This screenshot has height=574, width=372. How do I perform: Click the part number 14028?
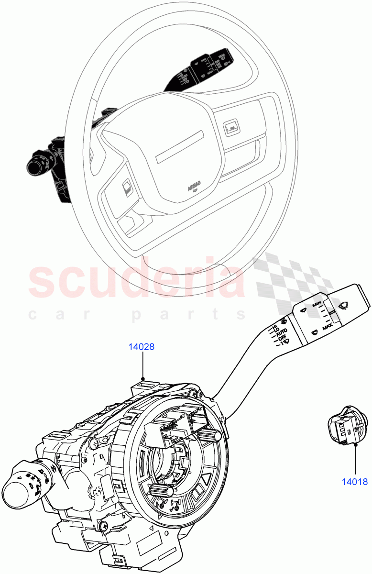pyautogui.click(x=141, y=347)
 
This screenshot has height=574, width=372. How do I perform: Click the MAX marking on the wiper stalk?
pyautogui.click(x=327, y=327)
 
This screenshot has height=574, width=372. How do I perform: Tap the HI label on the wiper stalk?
pyautogui.click(x=275, y=327)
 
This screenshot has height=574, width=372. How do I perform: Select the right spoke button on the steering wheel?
pyautogui.click(x=230, y=127)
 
